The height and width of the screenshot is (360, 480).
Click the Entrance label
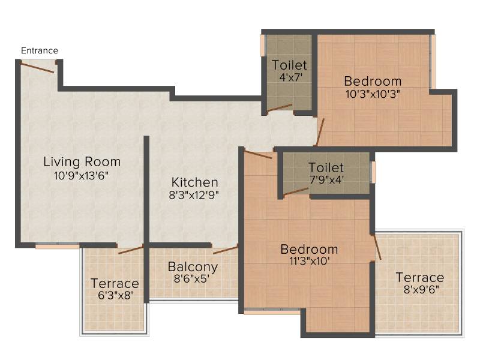[x=40, y=50]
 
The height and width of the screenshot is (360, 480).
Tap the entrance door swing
[x=37, y=67]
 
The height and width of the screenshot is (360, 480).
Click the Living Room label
[x=82, y=161]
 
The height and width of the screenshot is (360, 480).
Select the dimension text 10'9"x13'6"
[x=81, y=176]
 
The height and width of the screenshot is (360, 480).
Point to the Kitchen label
[x=194, y=182]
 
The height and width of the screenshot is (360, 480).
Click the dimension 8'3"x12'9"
[x=194, y=195]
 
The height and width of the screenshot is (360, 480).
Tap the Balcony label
[x=193, y=267]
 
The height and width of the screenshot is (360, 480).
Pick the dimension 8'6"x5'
[x=191, y=279]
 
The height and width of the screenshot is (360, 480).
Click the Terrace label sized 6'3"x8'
[x=115, y=283]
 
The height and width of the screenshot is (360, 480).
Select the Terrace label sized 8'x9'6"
[x=420, y=278]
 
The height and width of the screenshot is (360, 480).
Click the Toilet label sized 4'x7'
[x=289, y=65]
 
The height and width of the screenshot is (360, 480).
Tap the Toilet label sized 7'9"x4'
[x=326, y=168]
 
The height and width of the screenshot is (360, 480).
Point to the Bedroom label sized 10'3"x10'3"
[x=373, y=82]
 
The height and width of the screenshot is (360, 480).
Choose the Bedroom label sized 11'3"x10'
[x=309, y=250]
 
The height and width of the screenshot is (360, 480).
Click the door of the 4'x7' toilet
[x=280, y=108]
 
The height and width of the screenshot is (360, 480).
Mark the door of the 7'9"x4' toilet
[x=296, y=191]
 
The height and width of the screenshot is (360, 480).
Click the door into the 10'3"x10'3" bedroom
[x=320, y=132]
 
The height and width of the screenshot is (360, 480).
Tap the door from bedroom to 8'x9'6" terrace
[x=377, y=247]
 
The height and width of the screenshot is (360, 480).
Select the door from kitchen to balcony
[x=226, y=250]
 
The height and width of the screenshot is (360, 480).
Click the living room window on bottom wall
[x=58, y=246]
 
